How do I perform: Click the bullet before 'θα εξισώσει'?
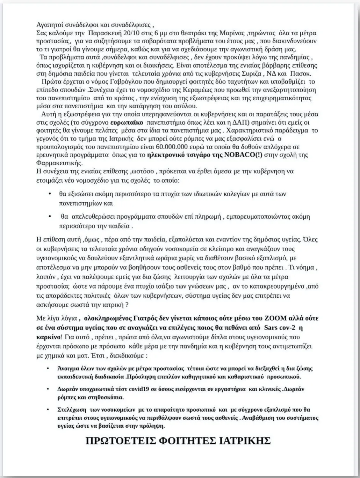(50, 194)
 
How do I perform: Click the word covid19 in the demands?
(137, 389)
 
